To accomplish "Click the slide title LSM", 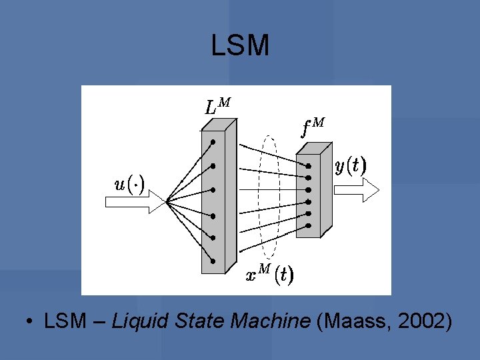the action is click(240, 45).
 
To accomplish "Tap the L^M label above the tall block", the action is click(218, 106).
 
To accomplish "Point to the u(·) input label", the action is click(129, 183).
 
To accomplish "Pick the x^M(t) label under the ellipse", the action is click(269, 274).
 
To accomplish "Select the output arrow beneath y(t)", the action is click(356, 189).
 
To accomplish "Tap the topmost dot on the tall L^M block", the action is click(213, 142).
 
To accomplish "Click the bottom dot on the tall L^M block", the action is click(213, 261).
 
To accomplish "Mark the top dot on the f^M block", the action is click(308, 165).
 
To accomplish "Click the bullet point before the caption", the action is click(31, 323).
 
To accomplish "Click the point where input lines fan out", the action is click(167, 201).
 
